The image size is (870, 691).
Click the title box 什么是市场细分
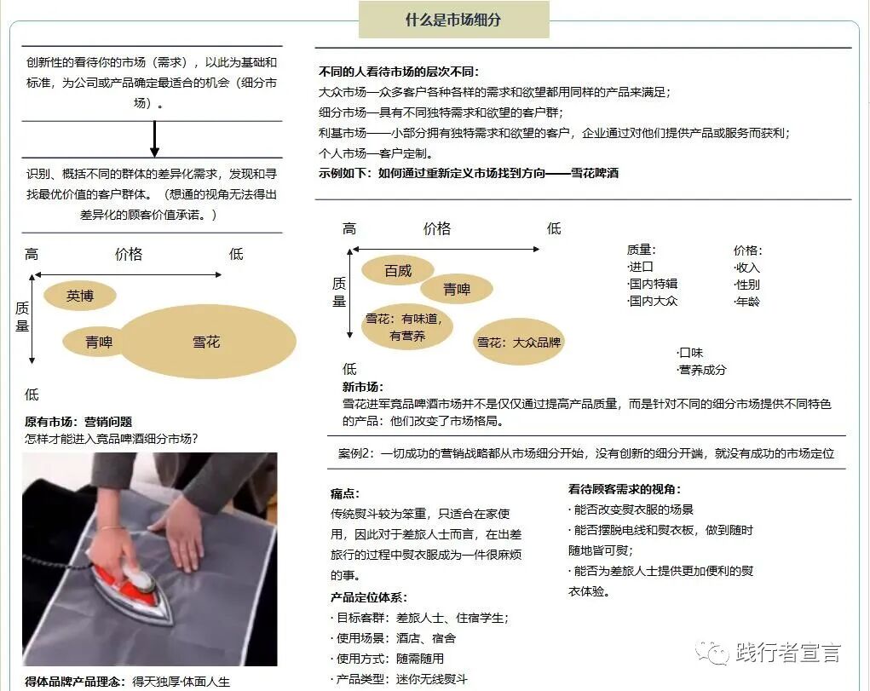click(x=453, y=20)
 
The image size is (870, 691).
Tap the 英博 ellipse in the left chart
click(x=79, y=296)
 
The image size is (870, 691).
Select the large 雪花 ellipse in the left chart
click(x=206, y=342)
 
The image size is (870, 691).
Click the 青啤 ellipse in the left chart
click(x=98, y=343)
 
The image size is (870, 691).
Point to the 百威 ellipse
click(x=398, y=271)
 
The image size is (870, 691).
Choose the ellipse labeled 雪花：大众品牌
click(x=518, y=343)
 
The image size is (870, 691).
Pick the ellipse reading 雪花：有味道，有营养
click(x=406, y=327)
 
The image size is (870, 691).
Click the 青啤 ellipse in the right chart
click(x=457, y=290)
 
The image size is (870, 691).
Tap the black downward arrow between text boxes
click(x=154, y=140)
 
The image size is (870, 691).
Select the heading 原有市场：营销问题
click(x=78, y=422)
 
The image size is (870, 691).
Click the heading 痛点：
click(x=345, y=493)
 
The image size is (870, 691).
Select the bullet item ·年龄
click(x=746, y=302)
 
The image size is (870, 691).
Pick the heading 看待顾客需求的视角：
click(x=625, y=489)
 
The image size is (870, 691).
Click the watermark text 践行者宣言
click(x=787, y=654)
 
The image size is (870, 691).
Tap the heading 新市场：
click(x=363, y=387)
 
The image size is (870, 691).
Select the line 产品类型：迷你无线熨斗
click(x=399, y=679)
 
